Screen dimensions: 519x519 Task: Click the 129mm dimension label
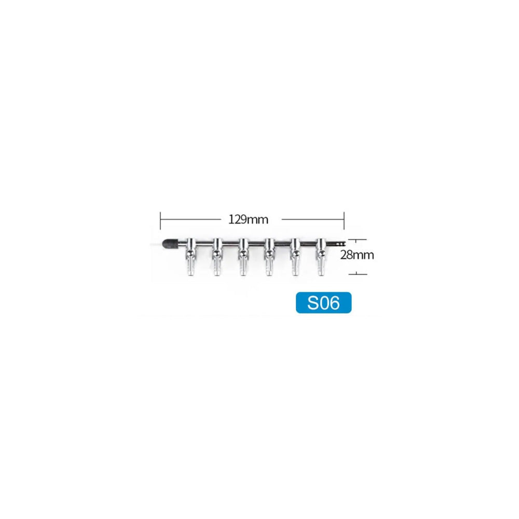coord(248,219)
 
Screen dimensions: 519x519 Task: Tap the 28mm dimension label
coord(357,255)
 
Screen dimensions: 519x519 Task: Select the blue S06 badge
coord(323,303)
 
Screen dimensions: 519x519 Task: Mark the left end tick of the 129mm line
coord(160,219)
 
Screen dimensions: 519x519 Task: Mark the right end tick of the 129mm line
coord(344,219)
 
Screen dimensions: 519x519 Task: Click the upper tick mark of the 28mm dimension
coord(357,240)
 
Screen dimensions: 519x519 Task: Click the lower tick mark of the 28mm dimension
coord(357,274)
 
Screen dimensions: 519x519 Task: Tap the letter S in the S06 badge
coord(313,303)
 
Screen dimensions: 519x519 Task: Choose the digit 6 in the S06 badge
coord(335,303)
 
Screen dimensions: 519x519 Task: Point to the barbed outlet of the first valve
coord(189,268)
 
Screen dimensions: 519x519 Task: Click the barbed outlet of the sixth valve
coord(320,268)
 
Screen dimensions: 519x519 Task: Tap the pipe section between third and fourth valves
coord(256,242)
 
